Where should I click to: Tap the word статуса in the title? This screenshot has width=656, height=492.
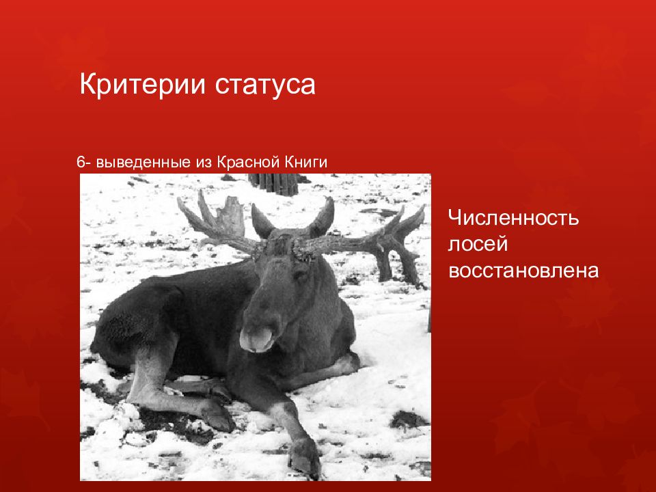pyautogui.click(x=265, y=86)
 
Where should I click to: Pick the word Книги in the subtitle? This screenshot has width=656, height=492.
pyautogui.click(x=305, y=163)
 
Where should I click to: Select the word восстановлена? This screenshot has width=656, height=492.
pyautogui.click(x=523, y=271)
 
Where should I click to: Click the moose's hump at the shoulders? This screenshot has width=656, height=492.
pyautogui.click(x=225, y=273)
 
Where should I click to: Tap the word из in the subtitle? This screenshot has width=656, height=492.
pyautogui.click(x=203, y=163)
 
